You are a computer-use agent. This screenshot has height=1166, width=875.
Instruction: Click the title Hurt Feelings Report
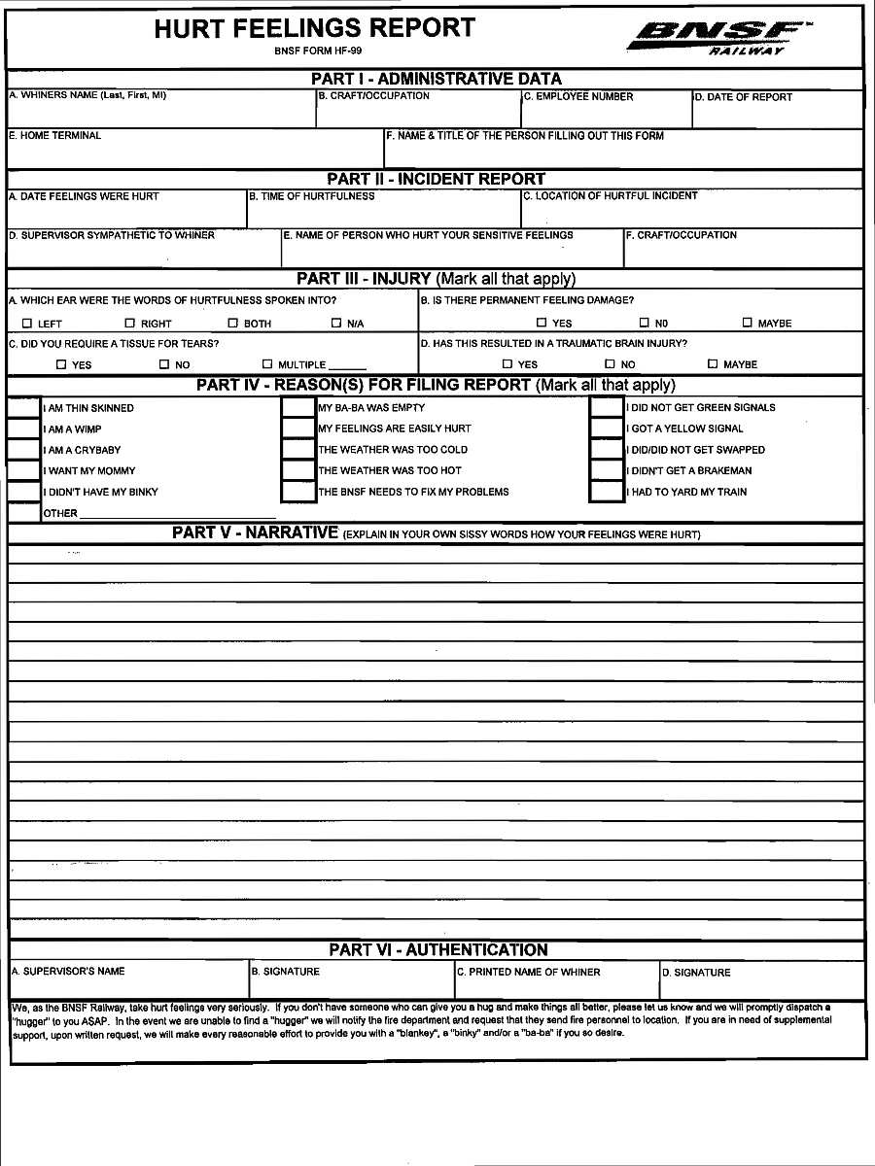[315, 28]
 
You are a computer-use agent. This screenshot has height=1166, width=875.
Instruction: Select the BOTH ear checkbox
[233, 324]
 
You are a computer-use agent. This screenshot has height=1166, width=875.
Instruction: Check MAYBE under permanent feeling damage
[748, 323]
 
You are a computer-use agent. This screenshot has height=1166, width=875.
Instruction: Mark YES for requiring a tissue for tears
[61, 364]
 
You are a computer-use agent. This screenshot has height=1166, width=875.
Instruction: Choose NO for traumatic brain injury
[610, 364]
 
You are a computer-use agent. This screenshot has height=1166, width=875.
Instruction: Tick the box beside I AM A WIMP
[23, 429]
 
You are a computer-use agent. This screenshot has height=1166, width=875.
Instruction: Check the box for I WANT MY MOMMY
[23, 470]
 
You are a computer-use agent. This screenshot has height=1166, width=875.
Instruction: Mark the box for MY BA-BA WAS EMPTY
[297, 408]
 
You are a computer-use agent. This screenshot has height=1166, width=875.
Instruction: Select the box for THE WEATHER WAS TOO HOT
[297, 470]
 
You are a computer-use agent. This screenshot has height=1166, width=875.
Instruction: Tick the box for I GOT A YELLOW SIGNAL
[607, 429]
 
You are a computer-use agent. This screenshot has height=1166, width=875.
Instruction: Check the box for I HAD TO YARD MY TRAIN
[607, 492]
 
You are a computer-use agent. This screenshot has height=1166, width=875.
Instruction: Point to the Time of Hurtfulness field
[383, 214]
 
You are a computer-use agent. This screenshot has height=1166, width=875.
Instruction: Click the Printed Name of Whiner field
[556, 986]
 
